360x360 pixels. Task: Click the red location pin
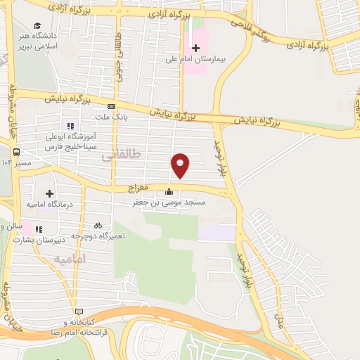tap(181, 164)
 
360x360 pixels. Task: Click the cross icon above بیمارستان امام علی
tap(195, 46)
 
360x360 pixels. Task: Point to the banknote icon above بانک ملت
tap(111, 107)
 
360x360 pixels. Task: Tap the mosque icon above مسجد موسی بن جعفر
tap(168, 192)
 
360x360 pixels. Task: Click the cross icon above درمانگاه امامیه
tap(49, 193)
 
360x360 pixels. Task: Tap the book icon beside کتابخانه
tap(79, 311)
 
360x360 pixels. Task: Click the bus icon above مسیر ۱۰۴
tap(16, 152)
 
